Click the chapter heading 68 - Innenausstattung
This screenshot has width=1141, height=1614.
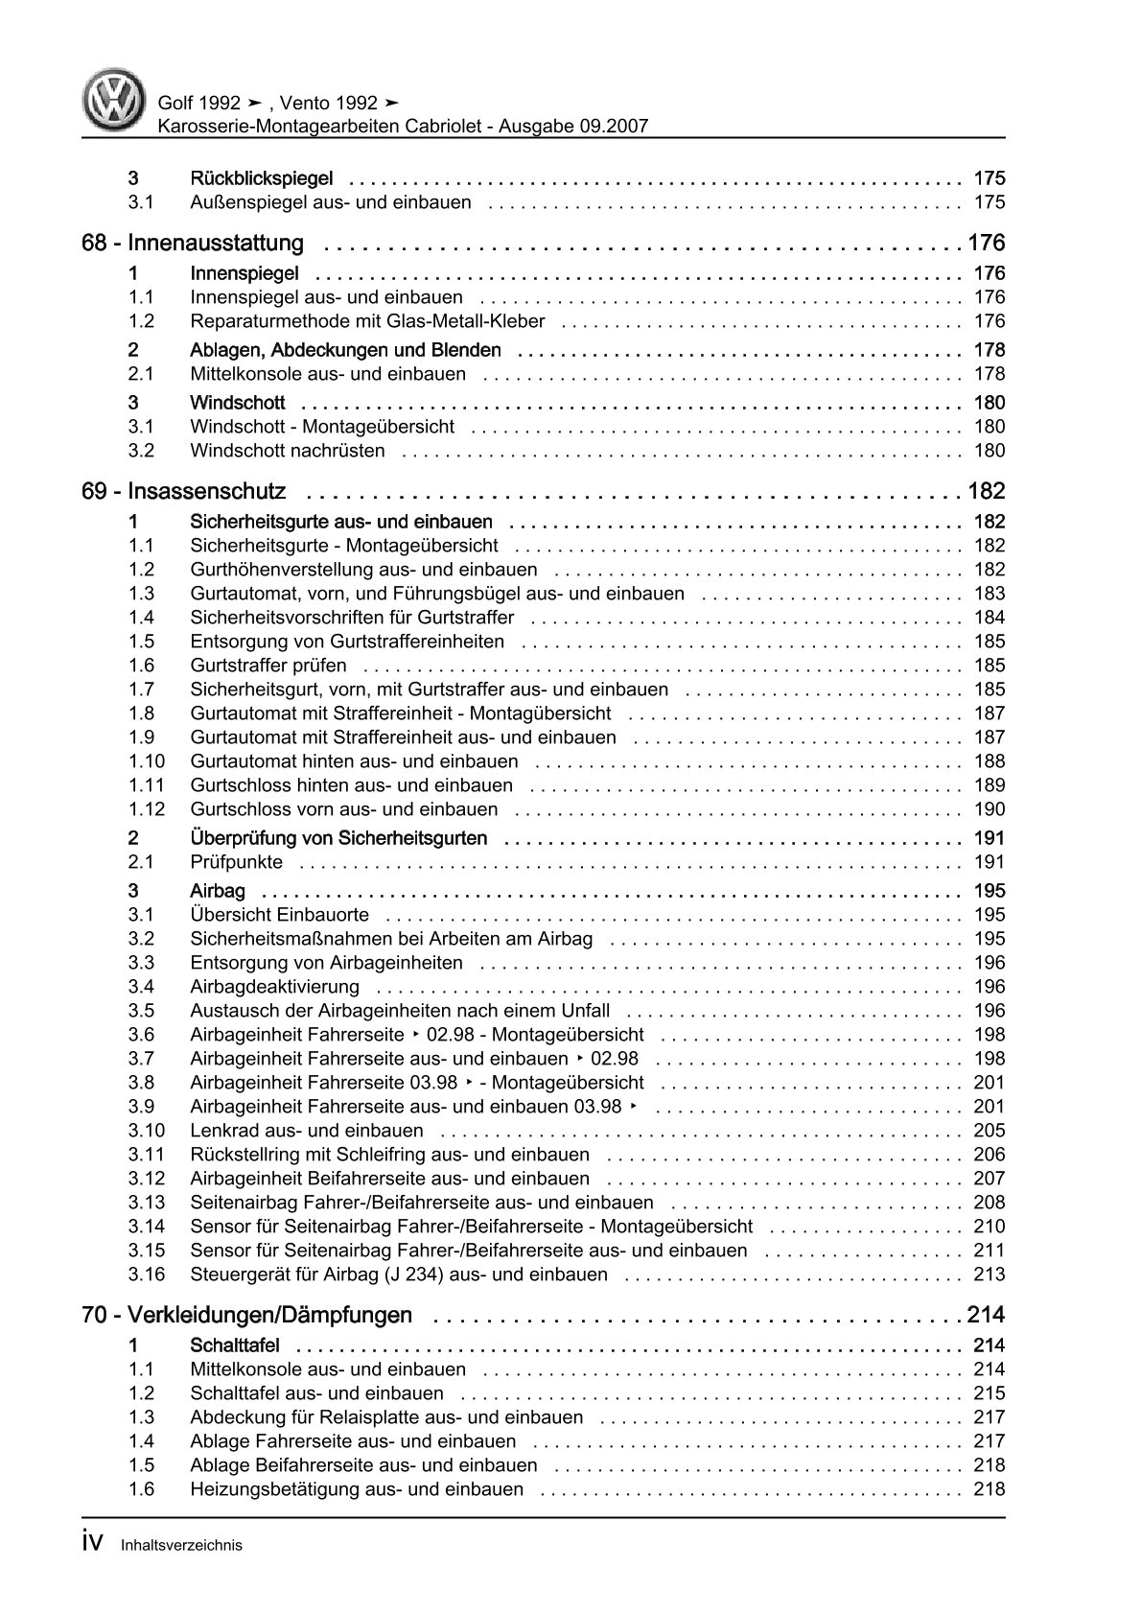coord(193,244)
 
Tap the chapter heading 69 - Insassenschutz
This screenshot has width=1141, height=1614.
coord(184,492)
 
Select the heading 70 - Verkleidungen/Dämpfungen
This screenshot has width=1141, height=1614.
coord(247,1315)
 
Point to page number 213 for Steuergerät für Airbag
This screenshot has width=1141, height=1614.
coord(989,1275)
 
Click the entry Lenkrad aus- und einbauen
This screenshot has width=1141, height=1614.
coord(307,1131)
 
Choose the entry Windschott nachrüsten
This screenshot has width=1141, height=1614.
coord(288,451)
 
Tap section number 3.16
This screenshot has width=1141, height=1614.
coord(147,1275)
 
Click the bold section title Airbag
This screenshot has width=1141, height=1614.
coord(218,891)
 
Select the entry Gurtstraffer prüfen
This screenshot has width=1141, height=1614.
coord(268,666)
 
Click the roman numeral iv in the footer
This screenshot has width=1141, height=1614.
coord(94,1542)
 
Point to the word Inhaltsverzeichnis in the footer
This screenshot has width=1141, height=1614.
coord(181,1545)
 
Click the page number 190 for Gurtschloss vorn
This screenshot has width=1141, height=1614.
coord(989,809)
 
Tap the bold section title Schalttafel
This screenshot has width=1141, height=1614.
coord(235,1345)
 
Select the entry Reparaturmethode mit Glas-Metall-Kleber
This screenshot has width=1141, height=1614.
coord(367,321)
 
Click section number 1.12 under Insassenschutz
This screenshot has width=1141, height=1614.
coord(147,809)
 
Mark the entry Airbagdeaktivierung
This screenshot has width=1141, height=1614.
coord(274,987)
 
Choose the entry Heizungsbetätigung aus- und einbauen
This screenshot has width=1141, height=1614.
coord(357,1489)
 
